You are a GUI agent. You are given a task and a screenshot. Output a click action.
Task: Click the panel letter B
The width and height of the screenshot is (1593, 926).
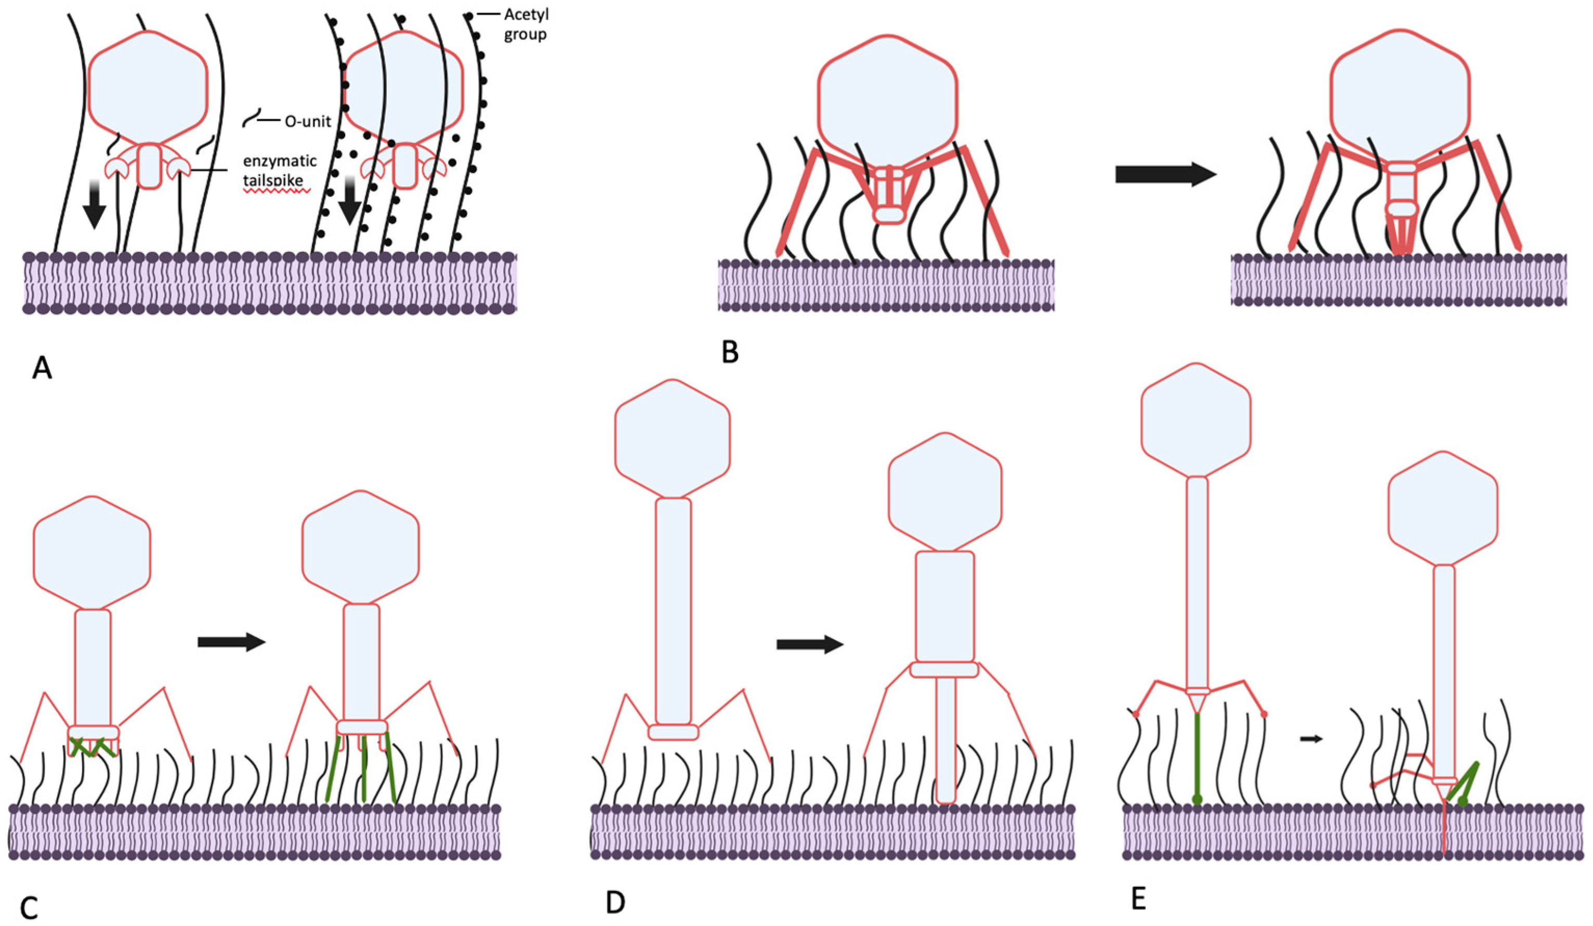[x=730, y=353]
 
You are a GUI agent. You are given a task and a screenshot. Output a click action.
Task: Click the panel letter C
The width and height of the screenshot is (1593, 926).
[x=29, y=907]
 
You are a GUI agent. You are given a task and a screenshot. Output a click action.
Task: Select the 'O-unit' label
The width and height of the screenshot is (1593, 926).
[x=307, y=122]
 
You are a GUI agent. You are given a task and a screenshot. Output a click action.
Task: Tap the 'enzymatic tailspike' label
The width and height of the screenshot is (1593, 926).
[x=280, y=170]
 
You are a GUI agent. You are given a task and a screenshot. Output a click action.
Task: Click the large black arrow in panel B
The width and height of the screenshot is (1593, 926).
[x=1165, y=174]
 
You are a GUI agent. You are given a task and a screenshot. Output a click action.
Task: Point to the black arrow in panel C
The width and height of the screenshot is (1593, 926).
[x=231, y=642]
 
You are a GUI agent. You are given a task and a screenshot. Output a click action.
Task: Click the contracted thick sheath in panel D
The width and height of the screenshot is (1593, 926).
[x=944, y=607]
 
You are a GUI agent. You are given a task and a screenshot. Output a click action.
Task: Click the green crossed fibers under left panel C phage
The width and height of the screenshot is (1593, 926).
[x=93, y=747]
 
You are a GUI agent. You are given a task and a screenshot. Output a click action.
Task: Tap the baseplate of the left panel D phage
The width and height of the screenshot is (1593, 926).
[x=673, y=732]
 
